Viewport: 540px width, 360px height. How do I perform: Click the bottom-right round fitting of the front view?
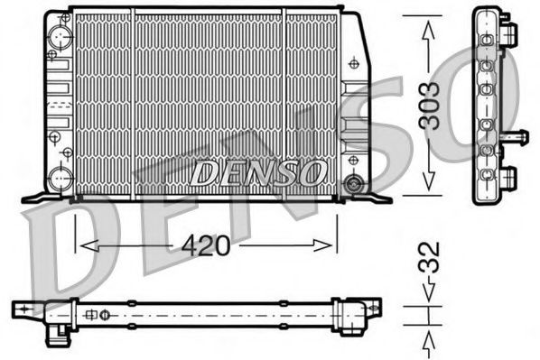[353, 184]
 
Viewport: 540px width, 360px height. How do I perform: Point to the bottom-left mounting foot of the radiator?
[38, 196]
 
